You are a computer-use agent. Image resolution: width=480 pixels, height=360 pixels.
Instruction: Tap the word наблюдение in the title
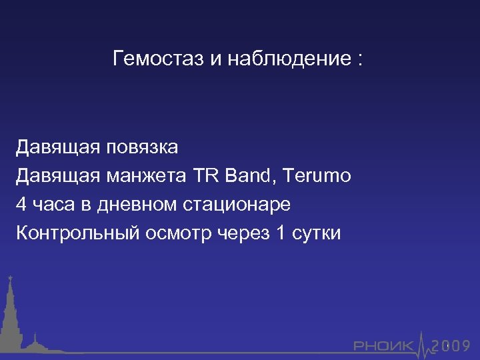point(288,59)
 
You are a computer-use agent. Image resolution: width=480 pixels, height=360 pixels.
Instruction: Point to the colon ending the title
point(360,60)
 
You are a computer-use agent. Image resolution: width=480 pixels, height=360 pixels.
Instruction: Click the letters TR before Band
point(207,176)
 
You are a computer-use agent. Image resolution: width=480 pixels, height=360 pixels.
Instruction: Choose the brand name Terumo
point(317,176)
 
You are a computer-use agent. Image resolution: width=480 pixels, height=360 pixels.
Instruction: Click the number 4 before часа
point(22,205)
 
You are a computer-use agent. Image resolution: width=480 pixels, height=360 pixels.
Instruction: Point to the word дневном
point(137,205)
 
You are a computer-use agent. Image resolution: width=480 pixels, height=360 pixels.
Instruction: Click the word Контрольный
point(69,233)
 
